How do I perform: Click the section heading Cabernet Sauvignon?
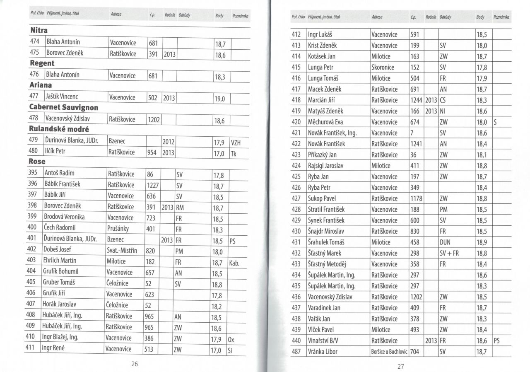[x=64, y=107]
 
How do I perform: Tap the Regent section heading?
[x=42, y=63]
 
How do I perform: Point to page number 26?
[x=134, y=364]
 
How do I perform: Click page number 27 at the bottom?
[x=400, y=366]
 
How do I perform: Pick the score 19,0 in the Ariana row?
[x=219, y=99]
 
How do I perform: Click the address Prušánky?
[x=118, y=228]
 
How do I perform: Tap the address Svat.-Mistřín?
[x=122, y=250]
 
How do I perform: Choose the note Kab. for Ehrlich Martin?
[x=234, y=263]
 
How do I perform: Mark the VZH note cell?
[x=236, y=143]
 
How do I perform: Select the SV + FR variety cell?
[x=449, y=253]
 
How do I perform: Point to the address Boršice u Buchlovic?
[x=389, y=352]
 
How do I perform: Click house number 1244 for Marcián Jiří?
[x=416, y=100]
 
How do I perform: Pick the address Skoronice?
[x=383, y=67]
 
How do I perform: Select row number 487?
[x=296, y=352]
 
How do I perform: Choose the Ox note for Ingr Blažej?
[x=231, y=339]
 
